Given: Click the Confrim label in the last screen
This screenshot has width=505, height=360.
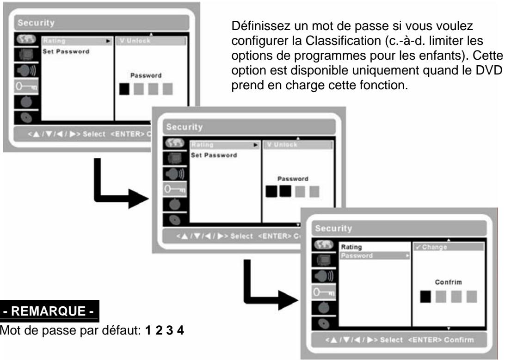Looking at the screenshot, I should pyautogui.click(x=443, y=281).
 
